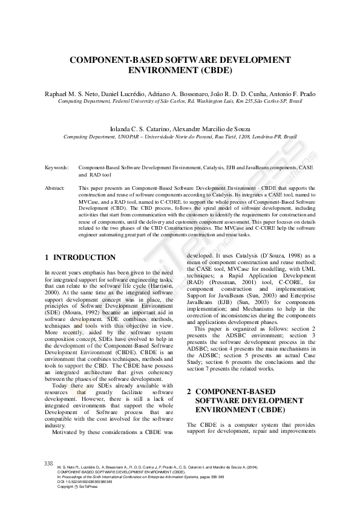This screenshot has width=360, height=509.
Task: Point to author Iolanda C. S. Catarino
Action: click(140, 129)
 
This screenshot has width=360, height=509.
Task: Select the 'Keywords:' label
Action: click(56, 166)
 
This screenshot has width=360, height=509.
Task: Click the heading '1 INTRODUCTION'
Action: click(80, 257)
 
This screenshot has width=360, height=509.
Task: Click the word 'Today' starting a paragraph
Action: click(61, 386)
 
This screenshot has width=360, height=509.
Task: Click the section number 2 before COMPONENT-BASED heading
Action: click(189, 392)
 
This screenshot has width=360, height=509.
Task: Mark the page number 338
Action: click(49, 463)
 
